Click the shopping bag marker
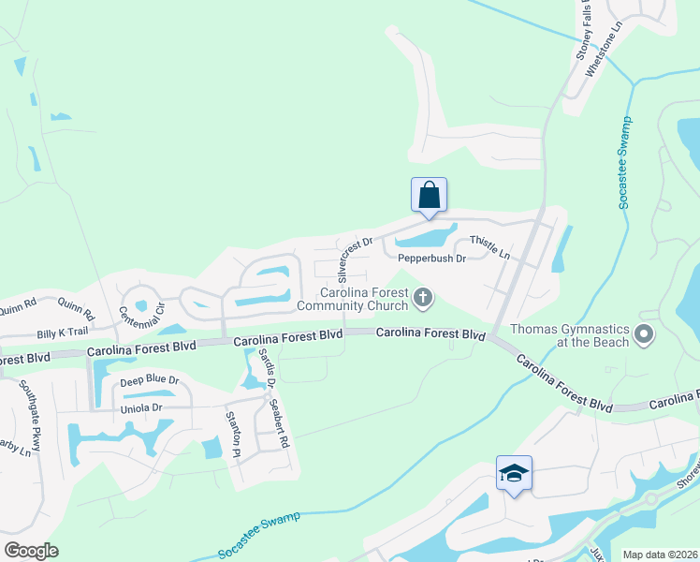click(429, 196)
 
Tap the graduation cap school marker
click(513, 473)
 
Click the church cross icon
click(423, 299)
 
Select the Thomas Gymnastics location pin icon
click(643, 334)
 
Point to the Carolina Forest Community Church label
click(354, 298)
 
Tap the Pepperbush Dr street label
click(431, 259)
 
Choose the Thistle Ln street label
click(489, 247)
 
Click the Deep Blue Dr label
click(149, 381)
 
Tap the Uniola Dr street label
click(140, 408)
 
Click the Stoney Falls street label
click(586, 30)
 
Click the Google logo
click(31, 551)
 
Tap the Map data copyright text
click(659, 555)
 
